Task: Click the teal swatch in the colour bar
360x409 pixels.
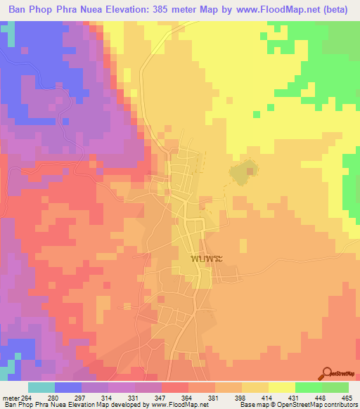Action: pyautogui.click(x=41, y=388)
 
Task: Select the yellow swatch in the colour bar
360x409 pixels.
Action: pyautogui.click(x=281, y=388)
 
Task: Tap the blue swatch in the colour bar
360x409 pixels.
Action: pyautogui.click(x=68, y=388)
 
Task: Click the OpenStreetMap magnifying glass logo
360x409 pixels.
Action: pyautogui.click(x=328, y=374)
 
